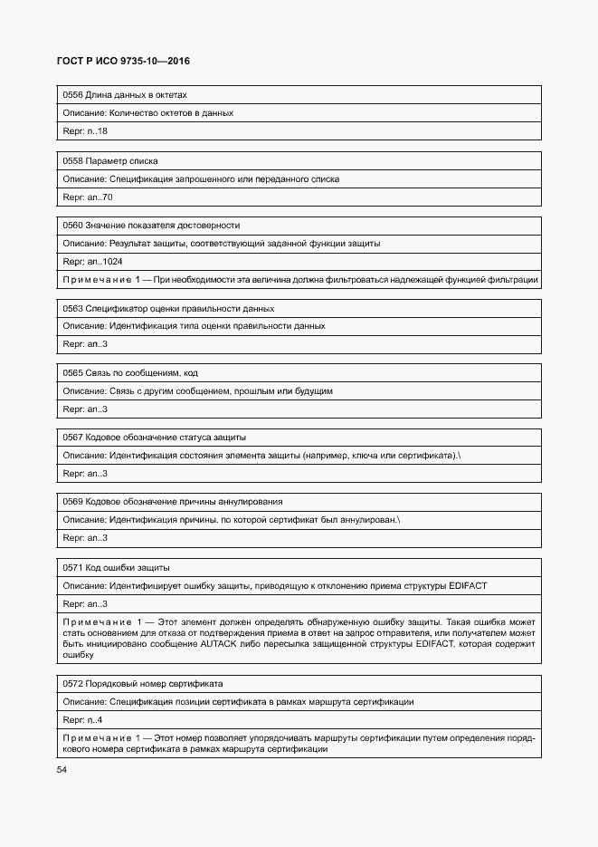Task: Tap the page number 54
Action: (62, 770)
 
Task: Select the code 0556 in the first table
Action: (71, 95)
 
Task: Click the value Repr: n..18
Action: (85, 131)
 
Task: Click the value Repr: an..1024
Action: (92, 262)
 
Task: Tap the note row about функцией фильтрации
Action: (299, 280)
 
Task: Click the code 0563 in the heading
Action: (71, 309)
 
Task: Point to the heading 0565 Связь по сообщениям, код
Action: (129, 373)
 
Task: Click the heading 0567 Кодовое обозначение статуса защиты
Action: (154, 438)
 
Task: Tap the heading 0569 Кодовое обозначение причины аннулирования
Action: (172, 502)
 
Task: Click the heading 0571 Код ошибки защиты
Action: (116, 567)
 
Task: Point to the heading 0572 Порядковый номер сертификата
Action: (142, 684)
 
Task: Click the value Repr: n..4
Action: (82, 720)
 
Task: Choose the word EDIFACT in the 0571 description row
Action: (468, 585)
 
